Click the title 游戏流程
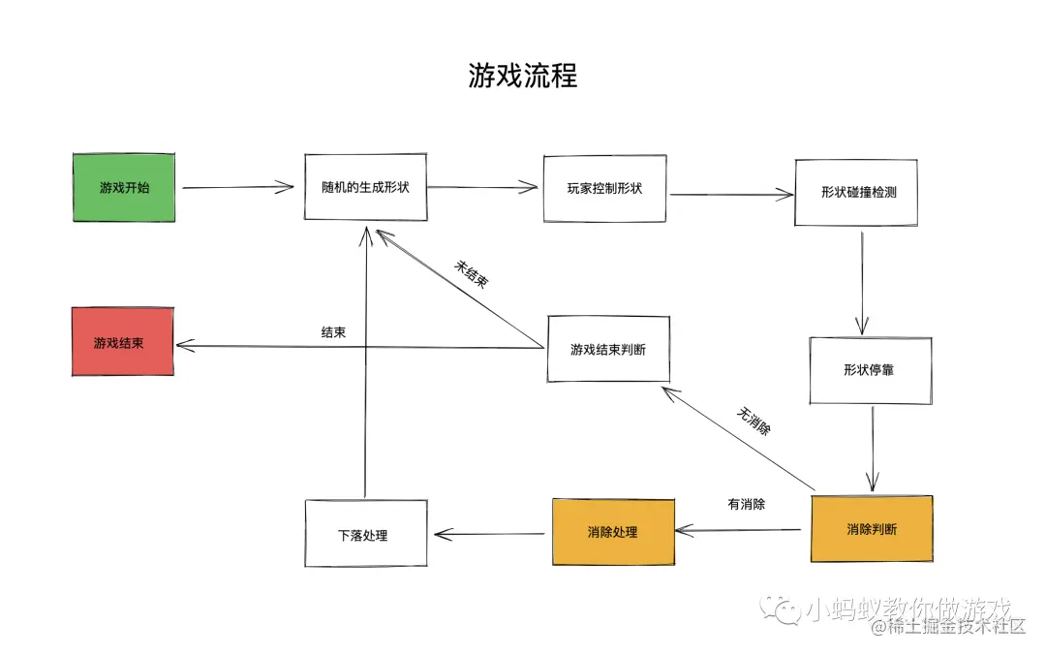coord(522,77)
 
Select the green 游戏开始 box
coord(124,188)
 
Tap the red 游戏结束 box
coord(122,342)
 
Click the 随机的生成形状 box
coord(365,187)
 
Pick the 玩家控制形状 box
coord(604,188)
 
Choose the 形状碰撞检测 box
coord(856,192)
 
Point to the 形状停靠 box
coord(870,370)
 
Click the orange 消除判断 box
coord(871,529)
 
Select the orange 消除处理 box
coord(613,532)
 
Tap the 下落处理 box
coord(365,534)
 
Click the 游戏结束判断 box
coord(608,348)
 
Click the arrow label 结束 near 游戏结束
coord(334,331)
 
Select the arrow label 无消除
coord(754,422)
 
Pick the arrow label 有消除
coord(746,504)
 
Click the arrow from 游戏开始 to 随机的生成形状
coord(237,187)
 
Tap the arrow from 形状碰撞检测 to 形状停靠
coord(861,281)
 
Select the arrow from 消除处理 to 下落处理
coord(490,534)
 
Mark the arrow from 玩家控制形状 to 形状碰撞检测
coord(730,195)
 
